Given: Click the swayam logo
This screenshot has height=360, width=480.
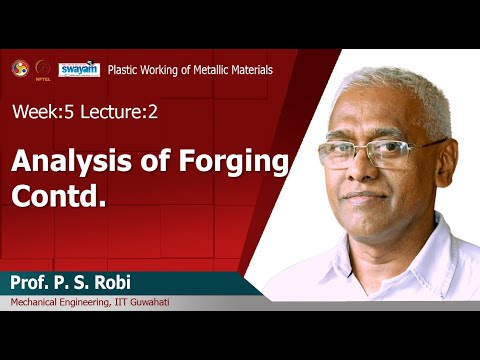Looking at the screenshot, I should pyautogui.click(x=78, y=69).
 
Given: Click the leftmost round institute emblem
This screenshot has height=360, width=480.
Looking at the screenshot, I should pyautogui.click(x=19, y=68).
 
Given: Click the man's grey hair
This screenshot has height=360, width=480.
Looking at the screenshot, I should pyautogui.click(x=400, y=95).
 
